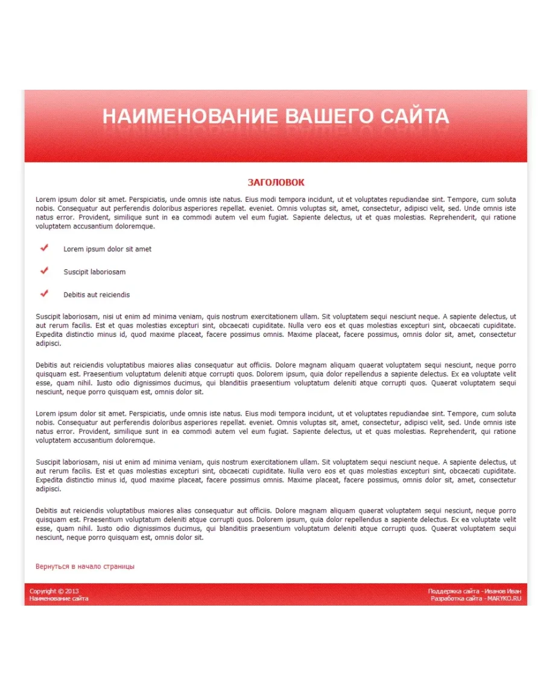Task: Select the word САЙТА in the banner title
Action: [x=415, y=116]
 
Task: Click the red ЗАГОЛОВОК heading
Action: [x=276, y=183]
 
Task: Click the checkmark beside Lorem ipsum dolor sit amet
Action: [x=44, y=248]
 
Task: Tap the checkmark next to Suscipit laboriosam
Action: [x=44, y=271]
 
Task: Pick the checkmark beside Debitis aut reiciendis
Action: [x=44, y=293]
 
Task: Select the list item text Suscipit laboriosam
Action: [x=95, y=272]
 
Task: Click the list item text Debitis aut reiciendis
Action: [x=97, y=295]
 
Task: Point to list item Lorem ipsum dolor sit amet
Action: [x=107, y=249]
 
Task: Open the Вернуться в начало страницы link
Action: [x=85, y=566]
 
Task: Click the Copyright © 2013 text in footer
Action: [x=54, y=591]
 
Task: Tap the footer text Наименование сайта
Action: [x=59, y=598]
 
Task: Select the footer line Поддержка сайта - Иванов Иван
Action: [x=474, y=591]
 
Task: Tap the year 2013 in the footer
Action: [x=72, y=591]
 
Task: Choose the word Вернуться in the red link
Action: [x=52, y=566]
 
